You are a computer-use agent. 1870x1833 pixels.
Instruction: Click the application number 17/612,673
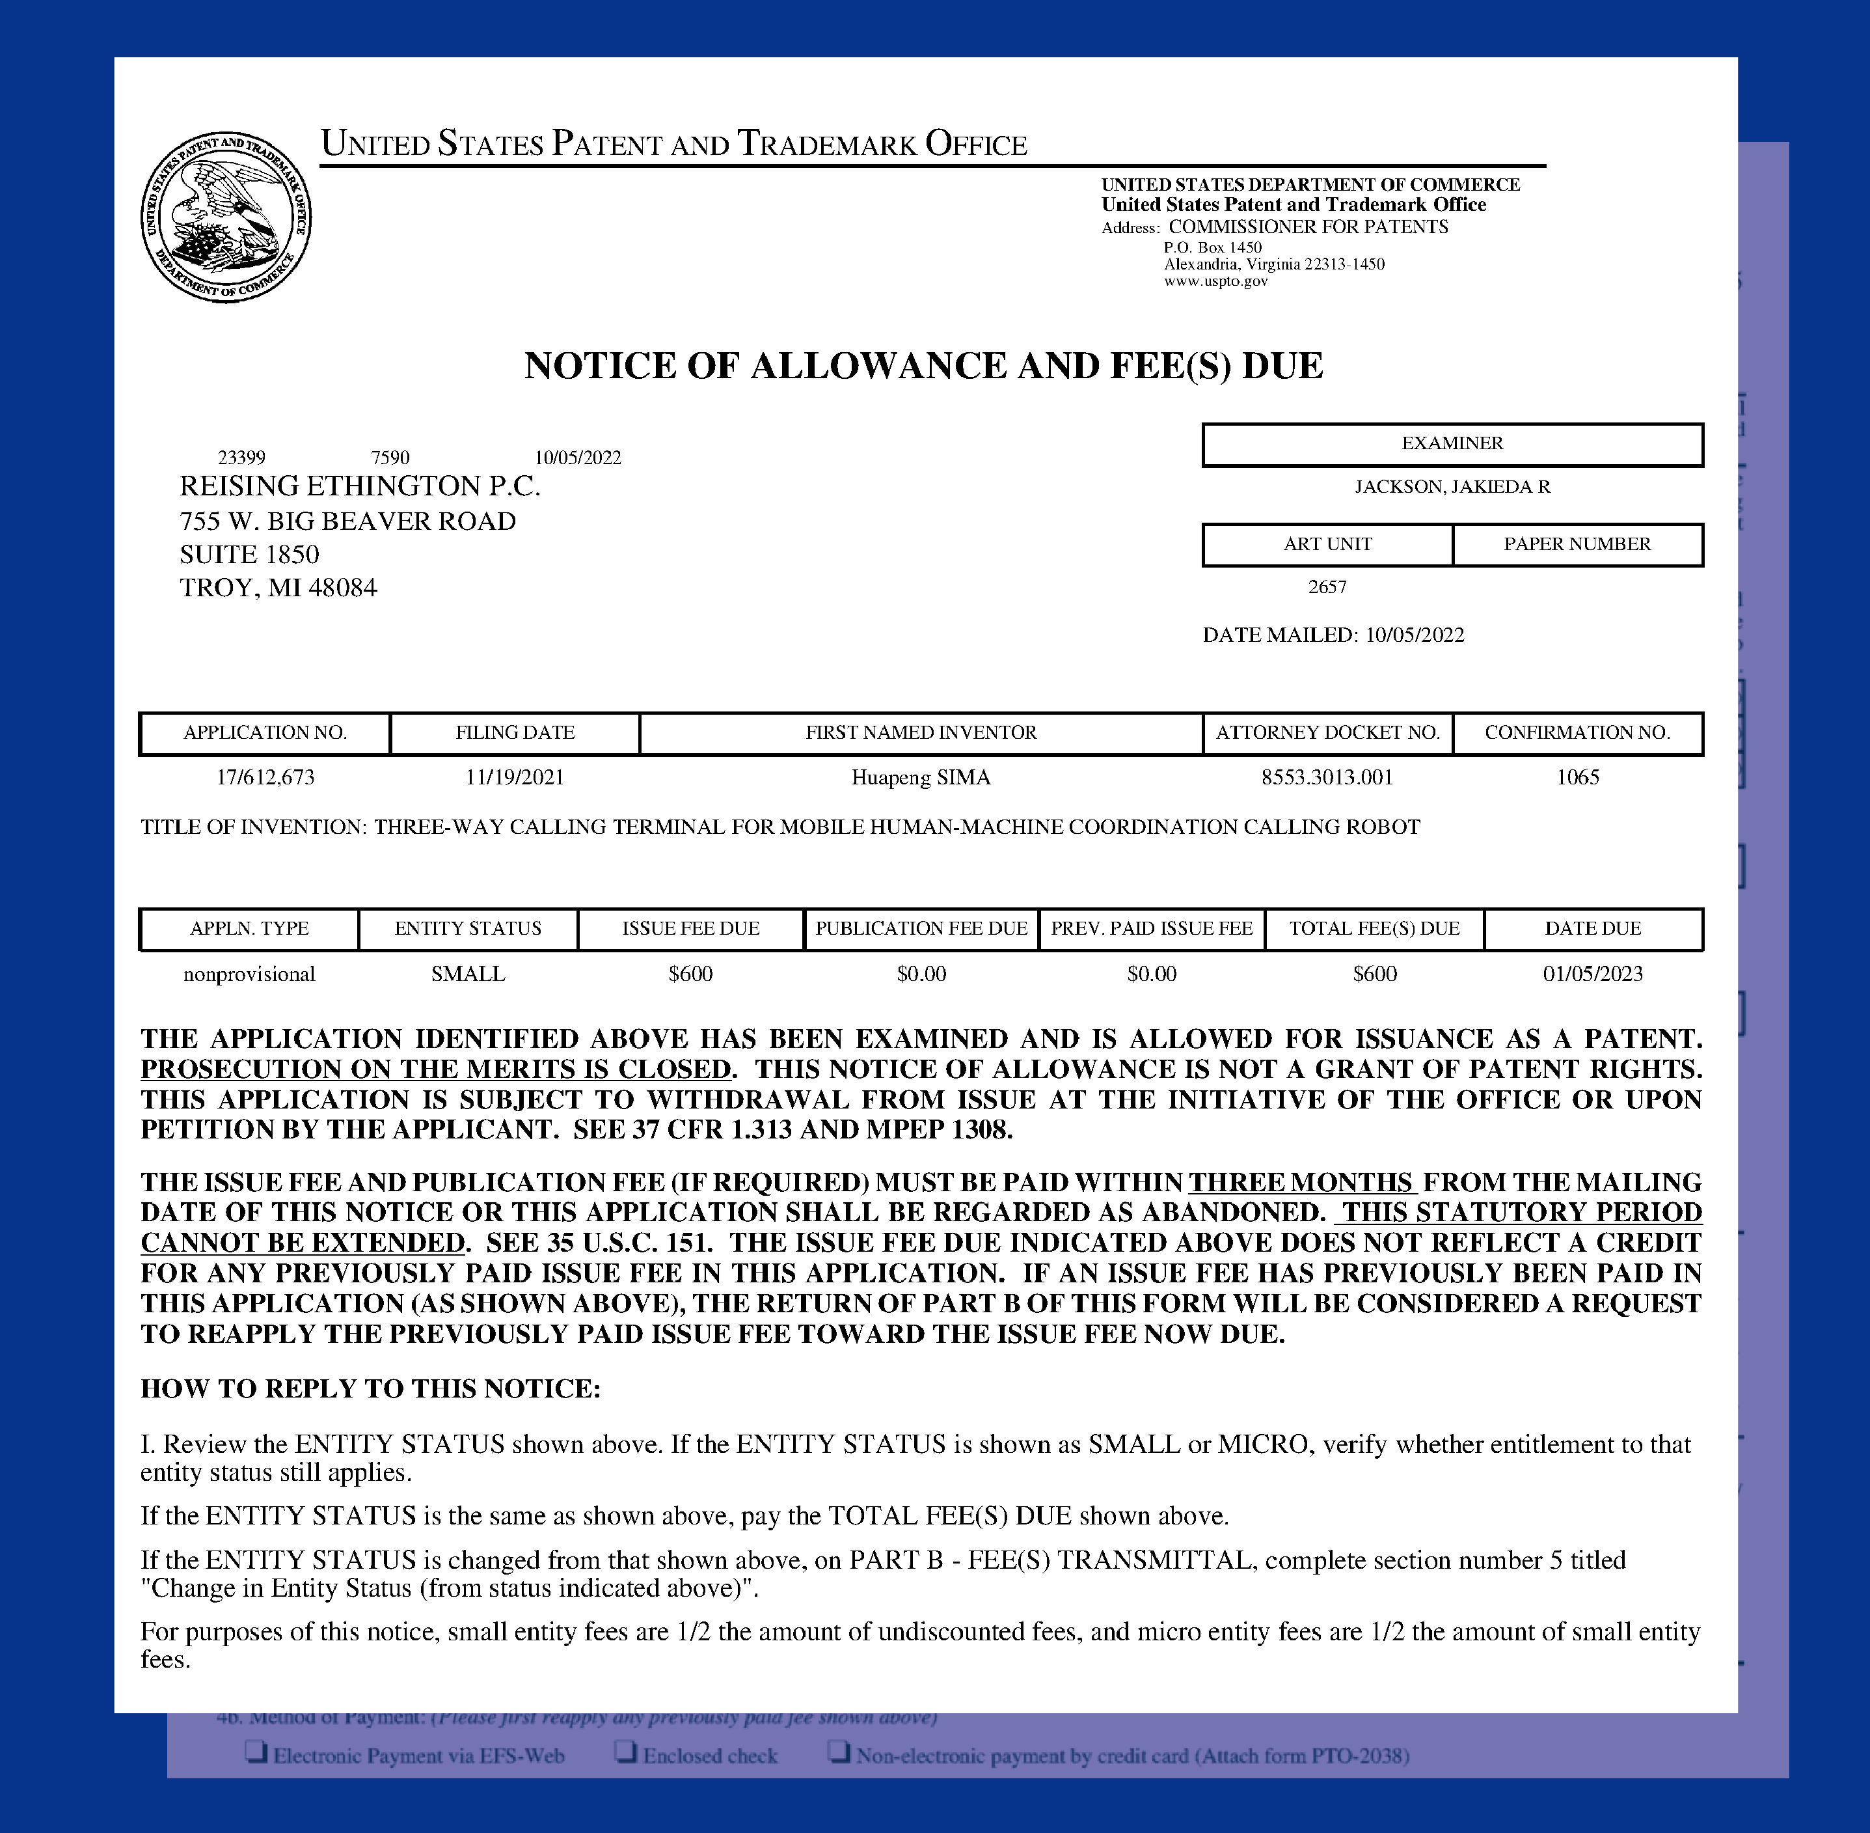pyautogui.click(x=265, y=777)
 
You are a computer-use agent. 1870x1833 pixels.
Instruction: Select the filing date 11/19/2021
pyautogui.click(x=515, y=777)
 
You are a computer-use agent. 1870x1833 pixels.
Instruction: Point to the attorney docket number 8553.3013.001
pyautogui.click(x=1327, y=777)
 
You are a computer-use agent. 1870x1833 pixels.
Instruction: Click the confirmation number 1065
pyautogui.click(x=1577, y=777)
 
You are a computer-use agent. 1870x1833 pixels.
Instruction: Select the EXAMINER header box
pyautogui.click(x=1452, y=444)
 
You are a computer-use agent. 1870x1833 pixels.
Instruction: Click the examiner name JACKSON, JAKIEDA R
pyautogui.click(x=1452, y=487)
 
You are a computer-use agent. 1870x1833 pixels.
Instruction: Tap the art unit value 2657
pyautogui.click(x=1327, y=587)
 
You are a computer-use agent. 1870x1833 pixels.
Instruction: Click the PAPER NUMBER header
pyautogui.click(x=1577, y=544)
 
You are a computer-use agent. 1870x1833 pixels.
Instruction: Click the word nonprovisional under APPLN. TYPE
pyautogui.click(x=249, y=974)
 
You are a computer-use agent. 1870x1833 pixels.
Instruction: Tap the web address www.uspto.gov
pyautogui.click(x=1215, y=281)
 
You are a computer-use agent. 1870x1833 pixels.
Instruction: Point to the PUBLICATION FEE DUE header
pyautogui.click(x=921, y=929)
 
